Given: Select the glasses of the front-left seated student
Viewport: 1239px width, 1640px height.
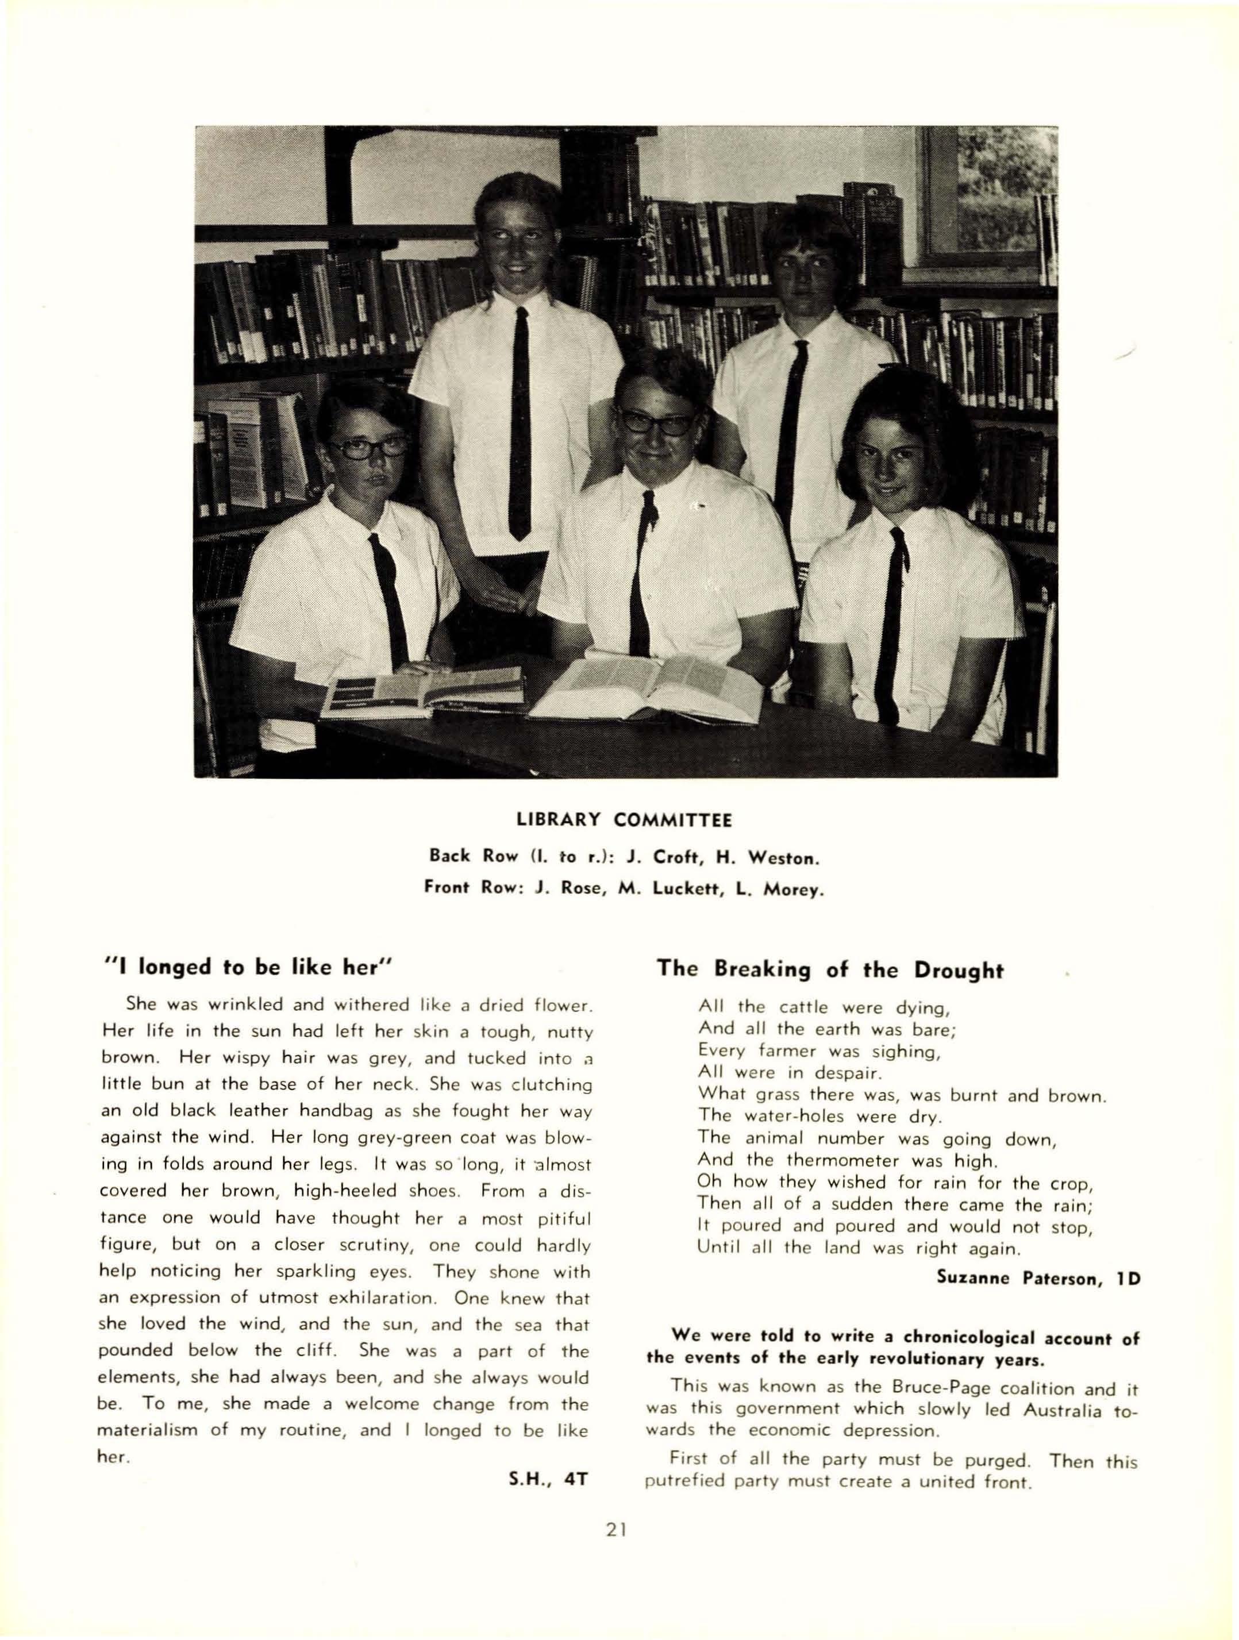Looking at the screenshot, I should pyautogui.click(x=368, y=448).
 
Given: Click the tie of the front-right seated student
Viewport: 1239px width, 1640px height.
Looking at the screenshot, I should pyautogui.click(x=891, y=615).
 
